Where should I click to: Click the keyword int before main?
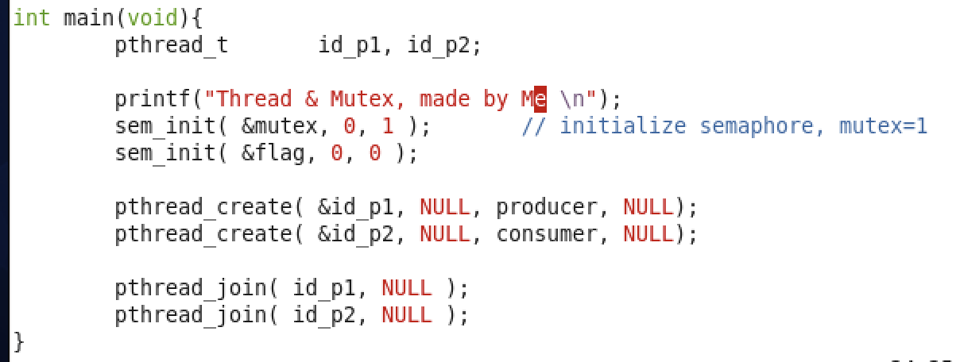(x=32, y=17)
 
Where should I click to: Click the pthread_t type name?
(x=171, y=45)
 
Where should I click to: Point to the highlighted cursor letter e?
(x=540, y=99)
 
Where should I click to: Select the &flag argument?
(x=273, y=153)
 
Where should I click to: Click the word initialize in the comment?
(x=622, y=126)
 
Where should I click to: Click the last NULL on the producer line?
(x=648, y=207)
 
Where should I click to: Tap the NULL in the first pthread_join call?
(x=407, y=288)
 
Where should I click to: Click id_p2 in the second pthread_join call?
(x=324, y=315)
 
